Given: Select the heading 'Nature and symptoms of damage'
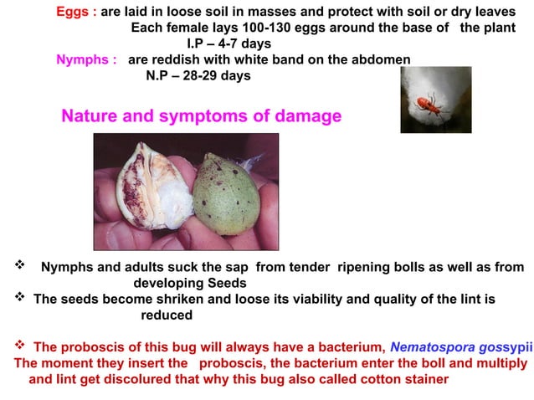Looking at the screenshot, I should (x=202, y=115).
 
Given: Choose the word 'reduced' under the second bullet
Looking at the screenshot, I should (x=166, y=315).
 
